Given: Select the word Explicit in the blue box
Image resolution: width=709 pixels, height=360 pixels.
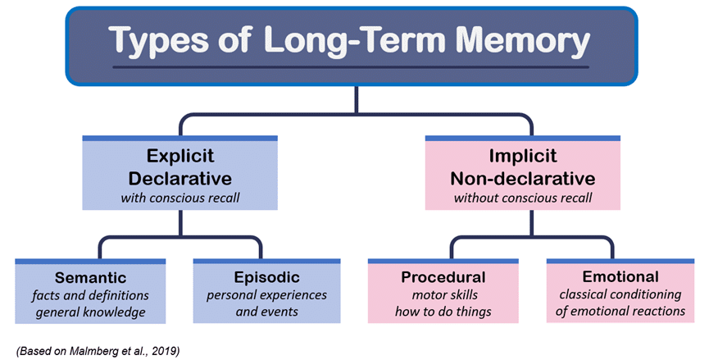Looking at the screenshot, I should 180,156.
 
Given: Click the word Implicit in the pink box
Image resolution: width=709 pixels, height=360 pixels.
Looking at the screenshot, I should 523,156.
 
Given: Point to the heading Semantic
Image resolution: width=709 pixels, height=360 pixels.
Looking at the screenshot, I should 90,277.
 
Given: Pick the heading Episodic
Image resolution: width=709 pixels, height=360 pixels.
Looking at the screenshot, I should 266,277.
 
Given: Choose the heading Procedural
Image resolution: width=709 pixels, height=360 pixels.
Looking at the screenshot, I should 443,277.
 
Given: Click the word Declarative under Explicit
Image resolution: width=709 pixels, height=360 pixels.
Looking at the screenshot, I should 180,177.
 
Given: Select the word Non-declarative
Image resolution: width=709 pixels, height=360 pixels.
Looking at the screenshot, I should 523,177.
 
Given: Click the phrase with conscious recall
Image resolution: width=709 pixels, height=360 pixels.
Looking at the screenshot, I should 180,198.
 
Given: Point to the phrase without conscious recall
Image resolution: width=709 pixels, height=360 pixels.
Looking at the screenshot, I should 523,198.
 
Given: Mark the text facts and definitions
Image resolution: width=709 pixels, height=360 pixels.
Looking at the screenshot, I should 90,295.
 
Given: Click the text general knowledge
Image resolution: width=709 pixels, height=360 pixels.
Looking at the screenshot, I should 90,312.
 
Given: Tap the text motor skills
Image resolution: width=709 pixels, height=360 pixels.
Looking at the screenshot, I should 443,295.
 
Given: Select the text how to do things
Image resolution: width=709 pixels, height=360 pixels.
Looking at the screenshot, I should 443,312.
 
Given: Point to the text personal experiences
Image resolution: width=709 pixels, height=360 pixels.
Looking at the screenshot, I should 266,295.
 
